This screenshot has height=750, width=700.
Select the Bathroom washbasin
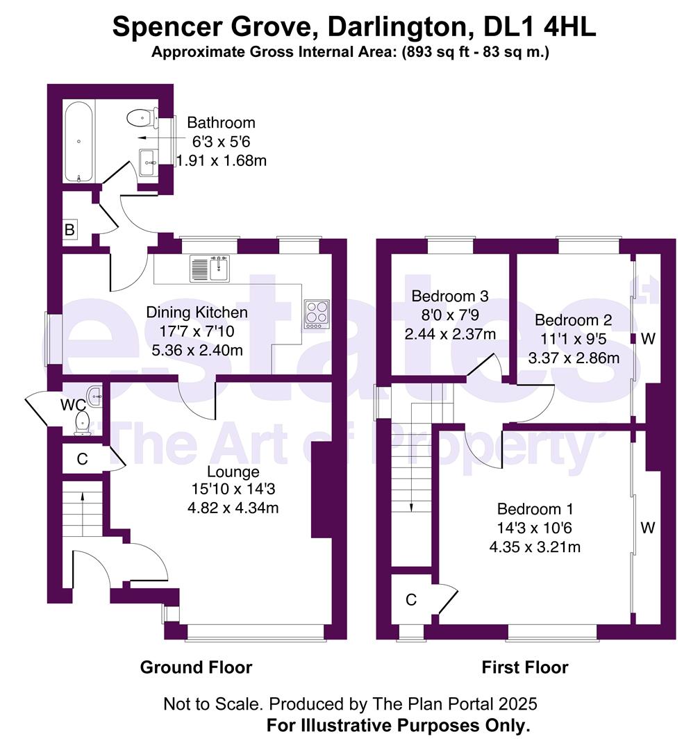click(149, 163)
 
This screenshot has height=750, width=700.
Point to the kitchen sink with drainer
click(210, 269)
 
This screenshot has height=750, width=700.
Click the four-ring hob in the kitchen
click(316, 314)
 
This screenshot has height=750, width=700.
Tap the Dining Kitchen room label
click(197, 312)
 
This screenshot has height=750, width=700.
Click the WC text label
click(73, 405)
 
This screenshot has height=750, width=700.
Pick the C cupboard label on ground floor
click(82, 459)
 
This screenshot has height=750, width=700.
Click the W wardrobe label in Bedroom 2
click(647, 339)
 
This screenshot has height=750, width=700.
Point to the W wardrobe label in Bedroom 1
click(647, 528)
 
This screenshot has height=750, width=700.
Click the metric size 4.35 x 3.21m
click(535, 547)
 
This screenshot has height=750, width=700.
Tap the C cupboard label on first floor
click(411, 600)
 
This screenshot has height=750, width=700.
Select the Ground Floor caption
click(196, 667)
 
